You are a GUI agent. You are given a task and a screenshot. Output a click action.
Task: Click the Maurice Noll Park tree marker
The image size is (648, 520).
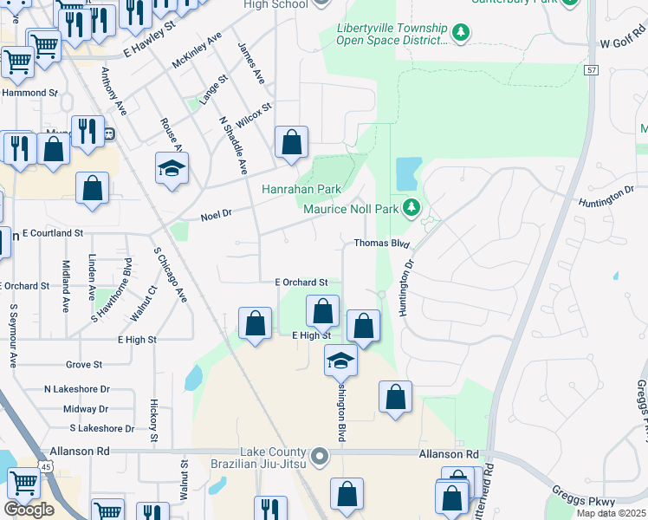pyautogui.click(x=412, y=208)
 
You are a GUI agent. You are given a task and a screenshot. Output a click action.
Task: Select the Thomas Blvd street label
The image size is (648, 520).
pyautogui.click(x=380, y=244)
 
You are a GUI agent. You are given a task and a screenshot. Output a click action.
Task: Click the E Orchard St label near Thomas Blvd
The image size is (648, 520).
pyautogui.click(x=301, y=283)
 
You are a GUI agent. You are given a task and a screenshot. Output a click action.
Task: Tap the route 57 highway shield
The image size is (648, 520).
pyautogui.click(x=592, y=69)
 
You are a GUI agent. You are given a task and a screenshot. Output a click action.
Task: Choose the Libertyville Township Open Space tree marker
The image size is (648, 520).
pyautogui.click(x=462, y=33)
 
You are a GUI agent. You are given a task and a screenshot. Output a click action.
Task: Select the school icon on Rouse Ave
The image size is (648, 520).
pyautogui.click(x=172, y=167)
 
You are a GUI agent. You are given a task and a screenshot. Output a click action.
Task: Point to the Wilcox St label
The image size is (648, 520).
pyautogui.click(x=254, y=118)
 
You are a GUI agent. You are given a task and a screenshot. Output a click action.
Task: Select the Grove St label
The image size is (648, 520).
pyautogui.click(x=84, y=365)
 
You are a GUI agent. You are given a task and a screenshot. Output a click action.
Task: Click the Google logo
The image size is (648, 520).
pyautogui.click(x=29, y=510)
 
